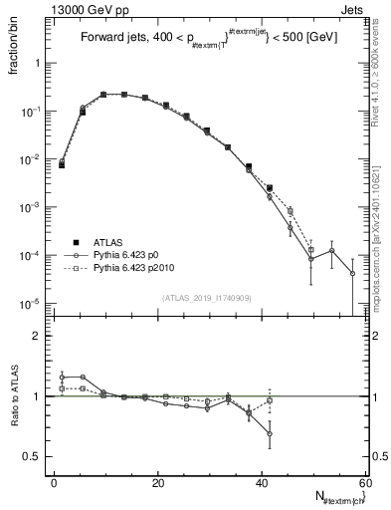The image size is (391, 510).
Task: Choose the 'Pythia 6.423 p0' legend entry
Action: (x=129, y=255)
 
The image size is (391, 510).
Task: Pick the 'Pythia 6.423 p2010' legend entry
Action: (x=137, y=268)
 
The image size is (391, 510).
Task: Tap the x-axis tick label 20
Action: (x=158, y=482)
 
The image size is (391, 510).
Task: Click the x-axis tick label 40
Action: (x=262, y=482)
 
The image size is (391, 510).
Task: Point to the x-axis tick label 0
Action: (x=55, y=482)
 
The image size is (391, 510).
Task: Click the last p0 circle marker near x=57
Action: (x=352, y=273)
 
